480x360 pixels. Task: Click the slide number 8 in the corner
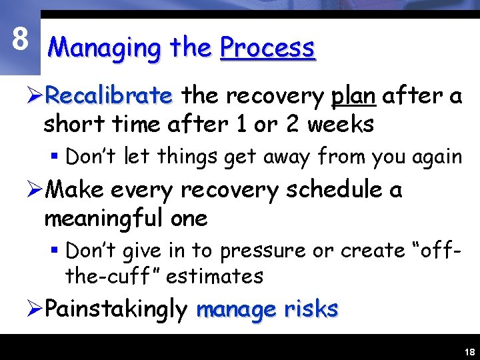coord(20,40)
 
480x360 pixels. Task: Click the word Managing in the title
coord(105,48)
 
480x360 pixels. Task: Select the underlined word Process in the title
coord(267,48)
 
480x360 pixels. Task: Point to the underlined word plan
coord(353,97)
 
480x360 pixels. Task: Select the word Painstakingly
coord(117,309)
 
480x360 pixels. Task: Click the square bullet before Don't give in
coord(57,251)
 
